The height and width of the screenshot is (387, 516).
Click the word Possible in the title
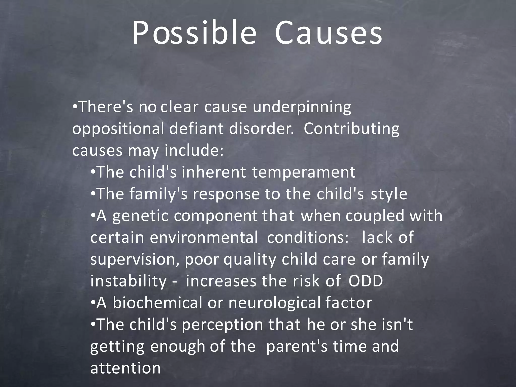[194, 33]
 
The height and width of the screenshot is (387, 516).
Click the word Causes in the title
[329, 33]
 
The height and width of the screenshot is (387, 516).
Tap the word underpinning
[302, 107]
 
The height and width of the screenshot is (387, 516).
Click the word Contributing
[351, 129]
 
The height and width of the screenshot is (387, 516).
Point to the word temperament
[304, 172]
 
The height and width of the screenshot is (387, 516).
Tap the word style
[389, 194]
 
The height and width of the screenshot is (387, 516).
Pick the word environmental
[204, 238]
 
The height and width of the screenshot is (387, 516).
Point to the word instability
[128, 281]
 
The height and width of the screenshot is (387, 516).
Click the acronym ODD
[366, 281]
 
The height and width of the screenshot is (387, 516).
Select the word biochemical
[157, 303]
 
